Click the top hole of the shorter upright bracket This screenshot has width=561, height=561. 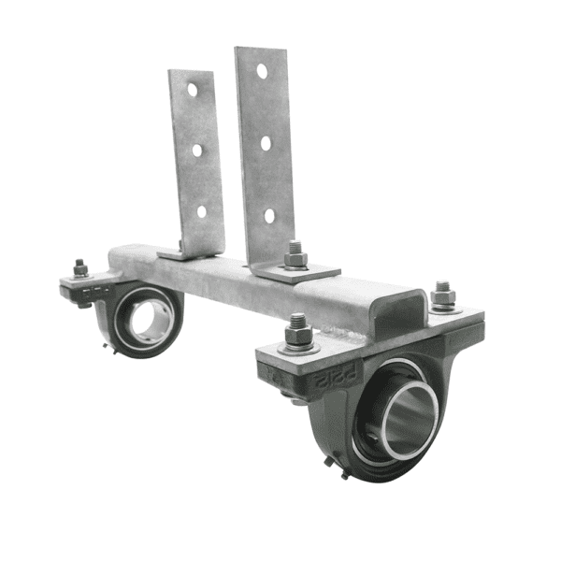[192, 90]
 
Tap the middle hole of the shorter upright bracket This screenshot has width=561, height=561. [197, 150]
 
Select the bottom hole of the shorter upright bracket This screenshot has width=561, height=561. [202, 211]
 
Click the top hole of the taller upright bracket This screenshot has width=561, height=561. [262, 71]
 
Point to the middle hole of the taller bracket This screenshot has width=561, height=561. [266, 143]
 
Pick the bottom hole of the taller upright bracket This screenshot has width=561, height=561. [269, 215]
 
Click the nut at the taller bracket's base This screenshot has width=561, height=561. [295, 253]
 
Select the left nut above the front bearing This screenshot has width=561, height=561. [299, 329]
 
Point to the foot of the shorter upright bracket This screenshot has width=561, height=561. [183, 252]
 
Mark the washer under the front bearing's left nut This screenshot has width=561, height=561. [299, 349]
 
